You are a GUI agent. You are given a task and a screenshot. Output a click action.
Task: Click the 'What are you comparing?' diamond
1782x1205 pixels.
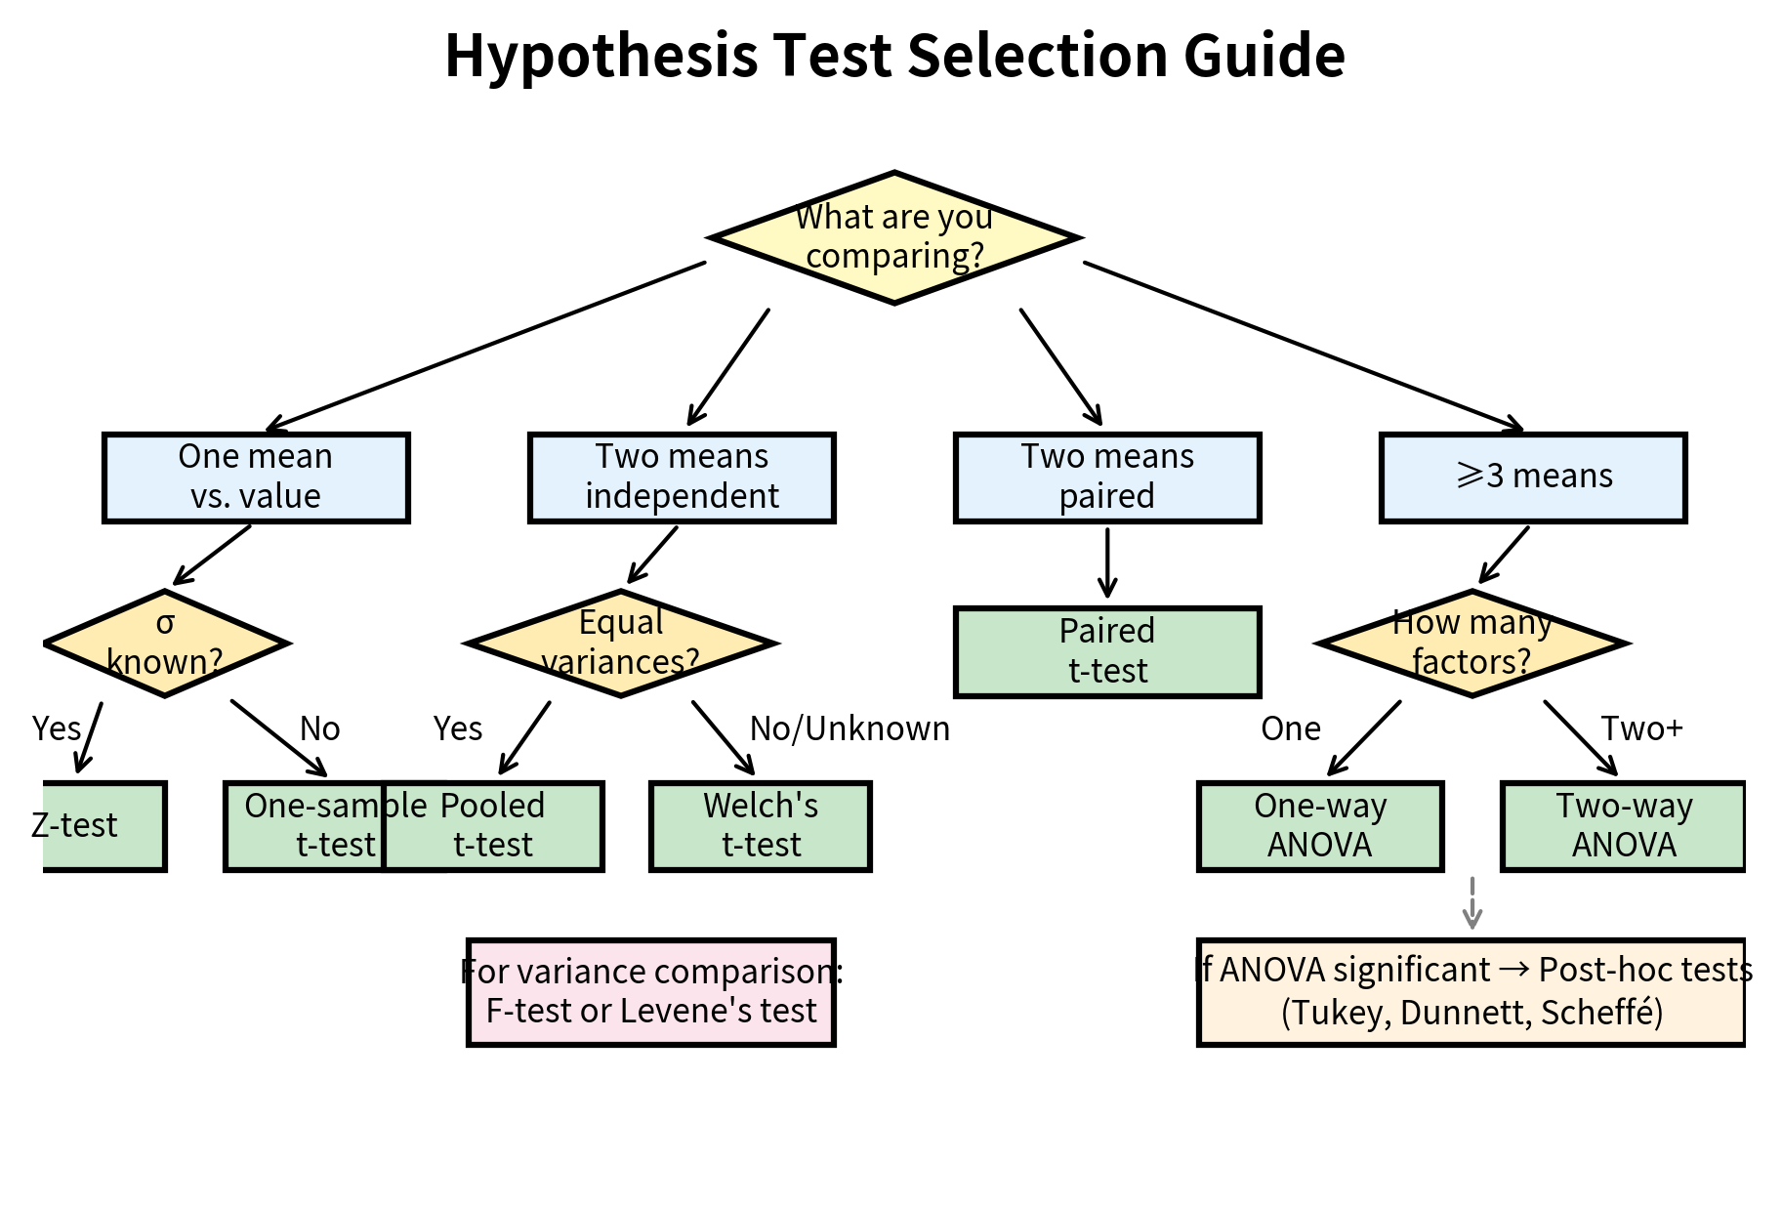pos(893,237)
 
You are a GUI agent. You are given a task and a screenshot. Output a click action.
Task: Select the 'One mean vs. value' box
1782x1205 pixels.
pos(256,478)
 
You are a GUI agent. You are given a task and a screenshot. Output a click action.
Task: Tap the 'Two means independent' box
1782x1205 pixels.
pos(682,478)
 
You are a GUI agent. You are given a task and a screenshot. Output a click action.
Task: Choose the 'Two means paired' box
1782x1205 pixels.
pos(1107,478)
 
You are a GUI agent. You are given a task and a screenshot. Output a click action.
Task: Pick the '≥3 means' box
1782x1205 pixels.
pos(1533,478)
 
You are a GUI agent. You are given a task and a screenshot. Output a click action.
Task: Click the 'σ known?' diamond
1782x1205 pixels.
pos(166,644)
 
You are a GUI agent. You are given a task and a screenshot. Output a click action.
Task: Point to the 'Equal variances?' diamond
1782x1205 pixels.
pos(621,644)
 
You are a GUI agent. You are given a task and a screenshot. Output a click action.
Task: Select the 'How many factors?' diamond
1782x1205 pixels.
pos(1471,644)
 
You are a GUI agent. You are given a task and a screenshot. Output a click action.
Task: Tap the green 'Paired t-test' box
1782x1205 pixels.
pos(1107,652)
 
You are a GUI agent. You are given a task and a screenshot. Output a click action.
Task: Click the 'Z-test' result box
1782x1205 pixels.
pos(103,826)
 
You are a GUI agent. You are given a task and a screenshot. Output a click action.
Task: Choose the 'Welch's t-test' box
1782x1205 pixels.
pos(761,826)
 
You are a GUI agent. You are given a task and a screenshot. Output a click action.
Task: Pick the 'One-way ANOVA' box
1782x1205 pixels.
pos(1320,826)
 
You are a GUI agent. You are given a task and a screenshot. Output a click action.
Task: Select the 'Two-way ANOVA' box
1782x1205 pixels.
pos(1623,826)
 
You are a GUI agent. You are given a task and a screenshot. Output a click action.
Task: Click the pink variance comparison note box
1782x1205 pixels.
pos(651,992)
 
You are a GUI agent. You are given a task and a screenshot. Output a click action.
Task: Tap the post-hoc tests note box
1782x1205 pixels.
pos(1471,992)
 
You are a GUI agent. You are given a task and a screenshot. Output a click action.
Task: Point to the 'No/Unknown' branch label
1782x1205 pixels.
pos(850,728)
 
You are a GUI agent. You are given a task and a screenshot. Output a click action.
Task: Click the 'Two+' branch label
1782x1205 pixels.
pos(1641,728)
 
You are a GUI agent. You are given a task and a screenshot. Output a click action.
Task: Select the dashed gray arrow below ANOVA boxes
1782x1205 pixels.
pos(1472,903)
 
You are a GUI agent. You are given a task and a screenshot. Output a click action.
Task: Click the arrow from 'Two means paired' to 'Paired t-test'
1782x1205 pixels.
pos(1107,563)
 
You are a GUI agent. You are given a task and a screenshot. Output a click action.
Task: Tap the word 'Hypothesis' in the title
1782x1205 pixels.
pos(600,55)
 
